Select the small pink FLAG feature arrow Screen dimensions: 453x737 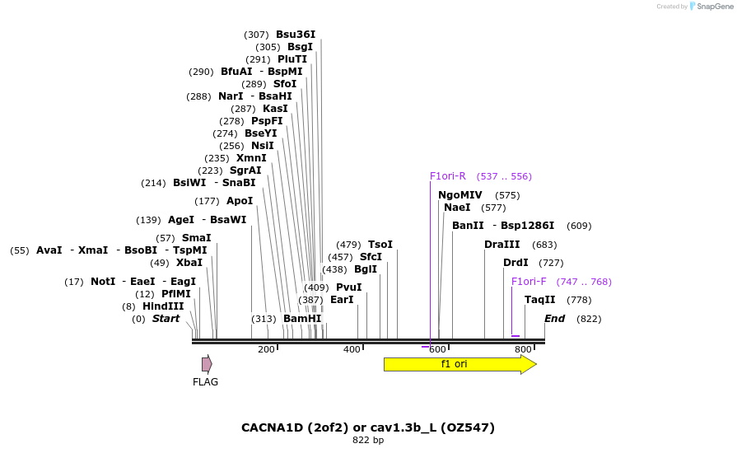pos(207,364)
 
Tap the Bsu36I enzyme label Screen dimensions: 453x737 pos(296,35)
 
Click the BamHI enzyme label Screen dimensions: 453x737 pos(302,319)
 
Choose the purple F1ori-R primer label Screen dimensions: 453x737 pos(448,176)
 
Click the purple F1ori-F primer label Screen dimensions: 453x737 pos(529,282)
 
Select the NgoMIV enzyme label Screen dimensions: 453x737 pos(460,195)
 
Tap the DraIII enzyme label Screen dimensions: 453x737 pos(502,245)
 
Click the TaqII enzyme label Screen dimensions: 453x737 pos(540,300)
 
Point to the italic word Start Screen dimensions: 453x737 pos(166,319)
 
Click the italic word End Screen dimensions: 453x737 pos(555,319)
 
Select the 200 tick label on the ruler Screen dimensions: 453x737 pos(266,350)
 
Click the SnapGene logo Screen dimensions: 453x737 pos(711,7)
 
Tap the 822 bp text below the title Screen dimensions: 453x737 pos(368,440)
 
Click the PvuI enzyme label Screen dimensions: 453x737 pos(348,287)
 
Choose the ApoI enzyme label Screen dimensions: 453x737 pos(240,201)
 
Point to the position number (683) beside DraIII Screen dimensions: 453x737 pos(545,245)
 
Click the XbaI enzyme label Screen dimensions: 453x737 pos(189,263)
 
